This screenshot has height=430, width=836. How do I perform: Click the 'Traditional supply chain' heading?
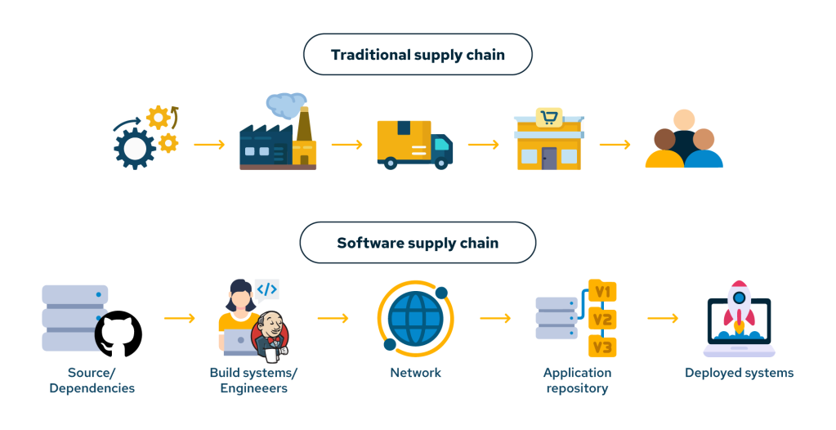[418, 55]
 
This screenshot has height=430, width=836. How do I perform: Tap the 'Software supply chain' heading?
[418, 243]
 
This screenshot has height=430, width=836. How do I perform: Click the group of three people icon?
[684, 142]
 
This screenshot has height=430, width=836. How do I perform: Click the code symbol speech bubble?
[267, 289]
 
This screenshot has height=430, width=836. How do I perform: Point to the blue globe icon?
[415, 320]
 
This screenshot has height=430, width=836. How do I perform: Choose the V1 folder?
[602, 292]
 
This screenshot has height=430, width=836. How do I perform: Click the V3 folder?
[602, 347]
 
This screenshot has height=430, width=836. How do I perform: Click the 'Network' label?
[415, 373]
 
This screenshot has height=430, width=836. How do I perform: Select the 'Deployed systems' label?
[739, 373]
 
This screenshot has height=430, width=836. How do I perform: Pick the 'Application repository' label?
[577, 380]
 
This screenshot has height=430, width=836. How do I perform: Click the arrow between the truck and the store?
[483, 146]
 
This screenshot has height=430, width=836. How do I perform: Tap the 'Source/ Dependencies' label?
[92, 380]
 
